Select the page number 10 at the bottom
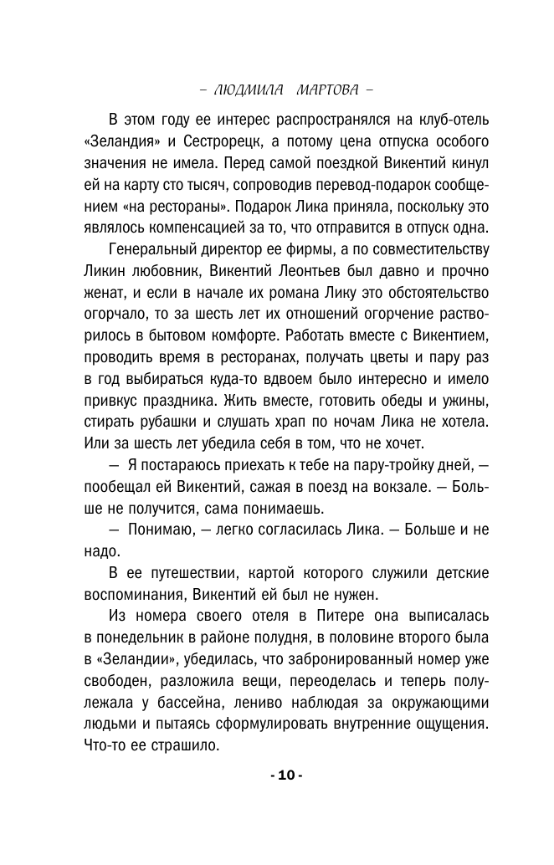[286, 775]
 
